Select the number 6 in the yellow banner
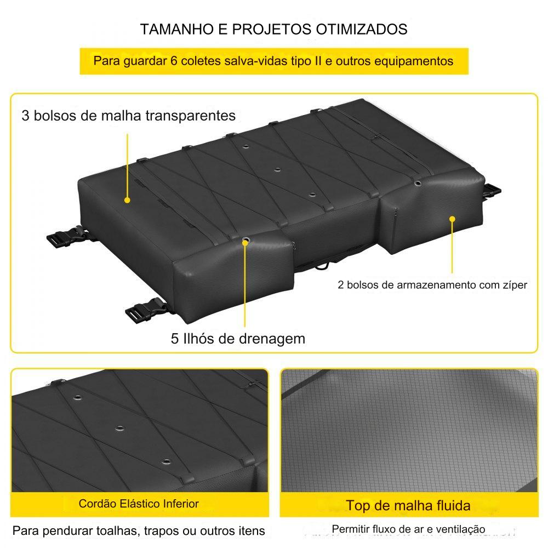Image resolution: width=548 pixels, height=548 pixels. pyautogui.click(x=174, y=61)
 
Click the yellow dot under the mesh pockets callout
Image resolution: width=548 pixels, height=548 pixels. pyautogui.click(x=127, y=200)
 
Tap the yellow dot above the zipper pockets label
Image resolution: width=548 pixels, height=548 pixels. pyautogui.click(x=452, y=219)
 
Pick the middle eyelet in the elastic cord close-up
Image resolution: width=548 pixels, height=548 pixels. pyautogui.click(x=120, y=429)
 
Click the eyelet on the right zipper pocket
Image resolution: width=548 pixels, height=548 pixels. pyautogui.click(x=418, y=183)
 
